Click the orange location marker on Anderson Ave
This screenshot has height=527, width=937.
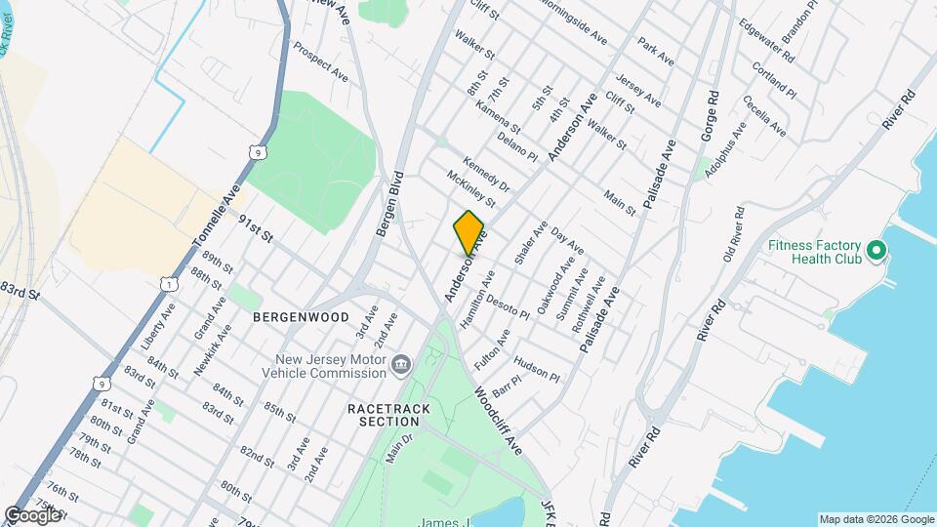[468, 232]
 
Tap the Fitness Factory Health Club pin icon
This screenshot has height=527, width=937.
[876, 252]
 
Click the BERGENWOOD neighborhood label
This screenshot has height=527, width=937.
[301, 317]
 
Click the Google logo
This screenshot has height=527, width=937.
[32, 514]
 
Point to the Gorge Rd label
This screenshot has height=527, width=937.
[709, 118]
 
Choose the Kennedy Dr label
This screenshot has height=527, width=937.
[486, 174]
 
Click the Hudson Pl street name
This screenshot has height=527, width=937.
[536, 368]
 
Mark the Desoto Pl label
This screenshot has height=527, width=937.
[507, 307]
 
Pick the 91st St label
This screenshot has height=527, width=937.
[256, 230]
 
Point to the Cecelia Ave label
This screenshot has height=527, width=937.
[763, 115]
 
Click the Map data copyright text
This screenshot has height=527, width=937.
[876, 518]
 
